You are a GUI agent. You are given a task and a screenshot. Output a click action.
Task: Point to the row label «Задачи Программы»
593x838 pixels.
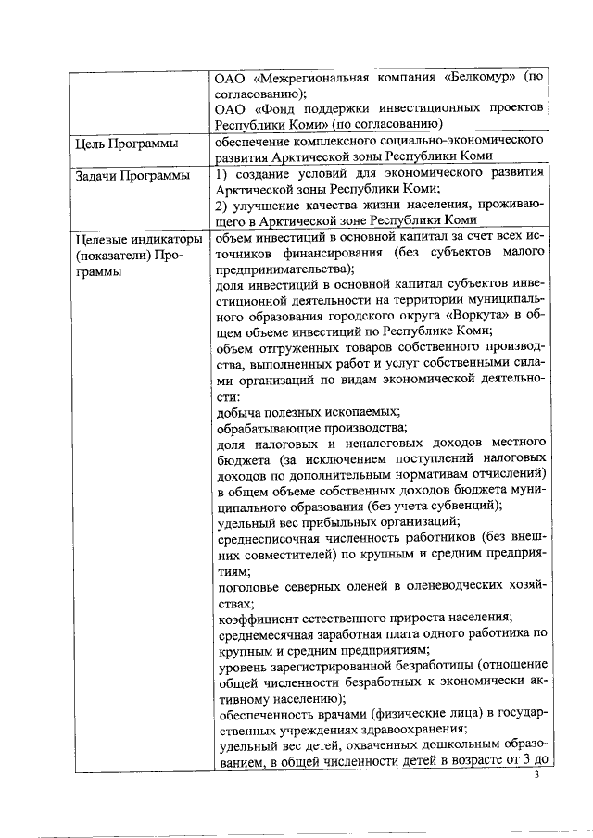132,175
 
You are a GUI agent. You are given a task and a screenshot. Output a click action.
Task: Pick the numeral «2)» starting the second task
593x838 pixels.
221,205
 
